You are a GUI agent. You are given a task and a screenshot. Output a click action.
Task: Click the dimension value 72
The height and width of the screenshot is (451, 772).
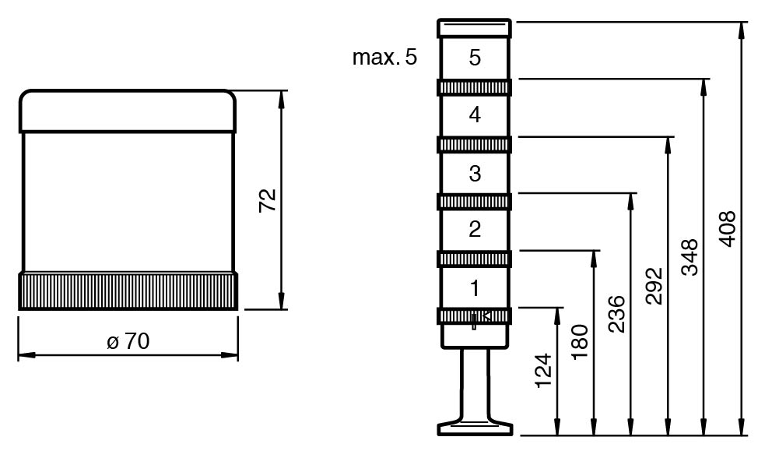click(268, 200)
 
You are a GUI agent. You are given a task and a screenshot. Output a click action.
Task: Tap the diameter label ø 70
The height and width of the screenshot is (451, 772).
click(128, 341)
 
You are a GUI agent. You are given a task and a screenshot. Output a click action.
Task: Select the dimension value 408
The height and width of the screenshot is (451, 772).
click(727, 227)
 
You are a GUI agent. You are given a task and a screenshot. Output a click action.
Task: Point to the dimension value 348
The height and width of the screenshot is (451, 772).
click(690, 258)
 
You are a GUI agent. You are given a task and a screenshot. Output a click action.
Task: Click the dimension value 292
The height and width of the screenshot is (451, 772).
click(654, 286)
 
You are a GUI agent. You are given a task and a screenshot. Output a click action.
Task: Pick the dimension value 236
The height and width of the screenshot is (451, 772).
click(616, 313)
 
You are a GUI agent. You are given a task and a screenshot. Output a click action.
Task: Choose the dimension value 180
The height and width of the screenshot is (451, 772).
click(580, 340)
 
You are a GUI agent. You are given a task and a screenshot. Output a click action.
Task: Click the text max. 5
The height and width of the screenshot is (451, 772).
click(384, 58)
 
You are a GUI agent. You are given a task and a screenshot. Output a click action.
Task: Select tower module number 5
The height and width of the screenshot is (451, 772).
click(475, 58)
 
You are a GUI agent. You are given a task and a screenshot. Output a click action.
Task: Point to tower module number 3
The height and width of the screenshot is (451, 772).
click(475, 173)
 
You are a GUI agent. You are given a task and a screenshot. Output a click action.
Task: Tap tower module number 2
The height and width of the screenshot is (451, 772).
click(475, 230)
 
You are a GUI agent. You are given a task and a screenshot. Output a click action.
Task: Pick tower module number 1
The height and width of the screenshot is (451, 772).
click(475, 287)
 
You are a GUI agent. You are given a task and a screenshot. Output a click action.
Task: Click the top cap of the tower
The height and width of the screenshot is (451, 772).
click(475, 29)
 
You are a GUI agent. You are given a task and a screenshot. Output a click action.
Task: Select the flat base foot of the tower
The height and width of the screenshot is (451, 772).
click(475, 428)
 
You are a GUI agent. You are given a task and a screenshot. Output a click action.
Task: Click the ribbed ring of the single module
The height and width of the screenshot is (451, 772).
click(128, 291)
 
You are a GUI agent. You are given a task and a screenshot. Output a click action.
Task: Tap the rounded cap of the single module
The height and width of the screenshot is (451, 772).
click(128, 110)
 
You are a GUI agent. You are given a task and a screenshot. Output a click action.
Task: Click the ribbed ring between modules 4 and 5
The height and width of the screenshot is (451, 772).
click(475, 87)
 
